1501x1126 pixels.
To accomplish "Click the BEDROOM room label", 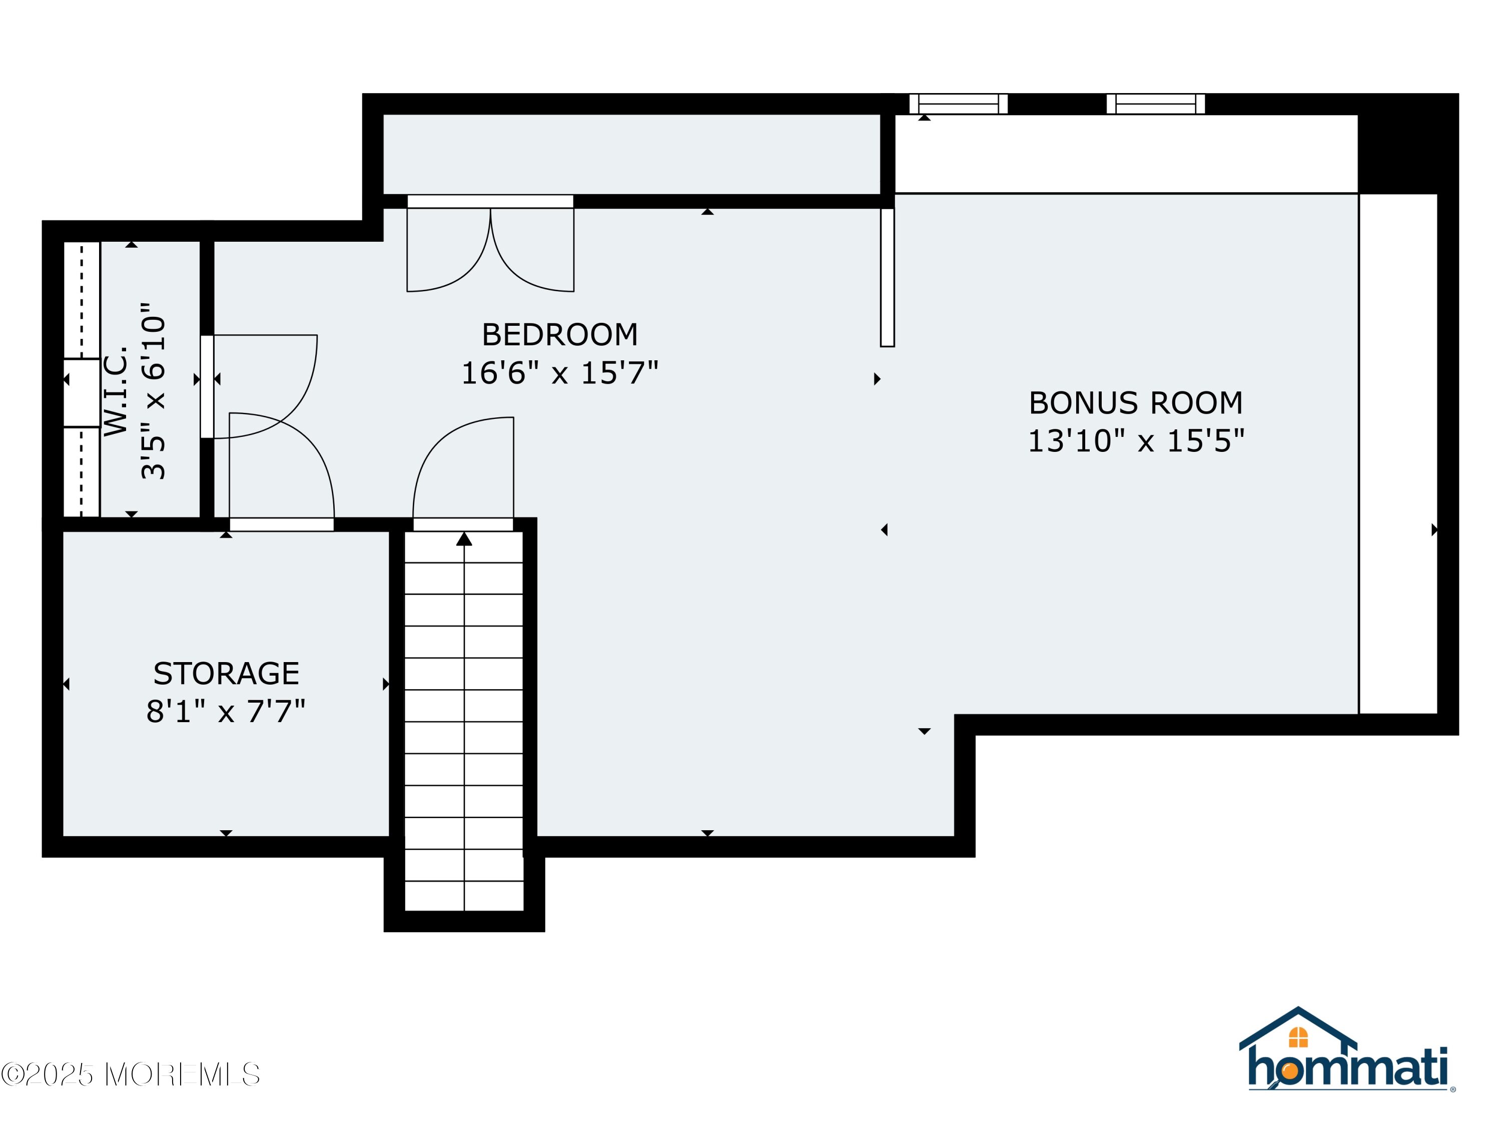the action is point(560,335).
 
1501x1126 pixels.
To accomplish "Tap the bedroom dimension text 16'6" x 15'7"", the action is point(560,373).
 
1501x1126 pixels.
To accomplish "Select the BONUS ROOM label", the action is point(1136,403).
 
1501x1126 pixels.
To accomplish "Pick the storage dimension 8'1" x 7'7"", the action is point(226,711).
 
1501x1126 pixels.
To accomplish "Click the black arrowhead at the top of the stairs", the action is point(464,538).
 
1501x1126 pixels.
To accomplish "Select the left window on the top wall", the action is point(958,104).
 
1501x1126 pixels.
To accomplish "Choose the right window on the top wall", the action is point(1156,104).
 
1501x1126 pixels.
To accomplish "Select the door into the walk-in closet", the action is point(259,386).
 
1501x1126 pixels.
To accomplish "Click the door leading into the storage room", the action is point(282,471).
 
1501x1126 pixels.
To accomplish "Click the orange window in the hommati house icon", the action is point(1298,1037).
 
